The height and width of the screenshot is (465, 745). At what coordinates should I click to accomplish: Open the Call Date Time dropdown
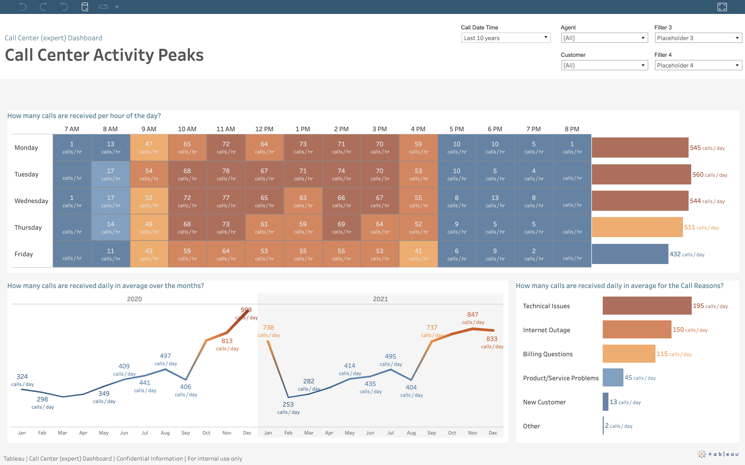tap(505, 38)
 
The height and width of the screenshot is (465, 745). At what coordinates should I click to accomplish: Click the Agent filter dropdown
tap(604, 38)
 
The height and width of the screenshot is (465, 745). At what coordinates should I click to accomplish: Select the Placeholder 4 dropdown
tap(698, 65)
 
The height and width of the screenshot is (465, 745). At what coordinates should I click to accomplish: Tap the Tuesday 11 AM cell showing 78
tap(226, 174)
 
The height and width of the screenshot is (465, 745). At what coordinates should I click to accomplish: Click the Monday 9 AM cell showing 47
tap(149, 147)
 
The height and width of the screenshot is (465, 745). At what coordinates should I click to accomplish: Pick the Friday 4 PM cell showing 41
tap(418, 254)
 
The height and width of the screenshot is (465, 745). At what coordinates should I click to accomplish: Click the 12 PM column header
tap(264, 129)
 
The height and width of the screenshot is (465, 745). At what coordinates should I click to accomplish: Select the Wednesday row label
tap(31, 201)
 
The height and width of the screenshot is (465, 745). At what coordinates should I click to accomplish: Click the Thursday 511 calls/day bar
tap(637, 227)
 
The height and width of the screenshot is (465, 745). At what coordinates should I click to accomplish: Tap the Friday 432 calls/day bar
tap(630, 254)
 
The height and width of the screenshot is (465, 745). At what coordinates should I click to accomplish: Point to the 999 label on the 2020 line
tap(246, 310)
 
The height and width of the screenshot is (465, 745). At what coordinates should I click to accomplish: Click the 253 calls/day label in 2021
tap(288, 404)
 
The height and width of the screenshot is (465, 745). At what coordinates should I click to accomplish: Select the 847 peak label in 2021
tap(473, 314)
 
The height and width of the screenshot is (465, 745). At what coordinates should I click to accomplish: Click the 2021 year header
tap(380, 299)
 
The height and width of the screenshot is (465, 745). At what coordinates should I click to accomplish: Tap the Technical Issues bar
tap(646, 306)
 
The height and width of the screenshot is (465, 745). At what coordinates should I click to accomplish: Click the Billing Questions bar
tap(629, 354)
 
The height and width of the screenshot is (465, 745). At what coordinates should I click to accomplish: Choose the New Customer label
tap(544, 402)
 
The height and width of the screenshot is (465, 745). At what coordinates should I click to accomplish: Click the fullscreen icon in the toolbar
tap(722, 7)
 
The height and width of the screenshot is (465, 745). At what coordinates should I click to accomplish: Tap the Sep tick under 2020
tap(186, 433)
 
